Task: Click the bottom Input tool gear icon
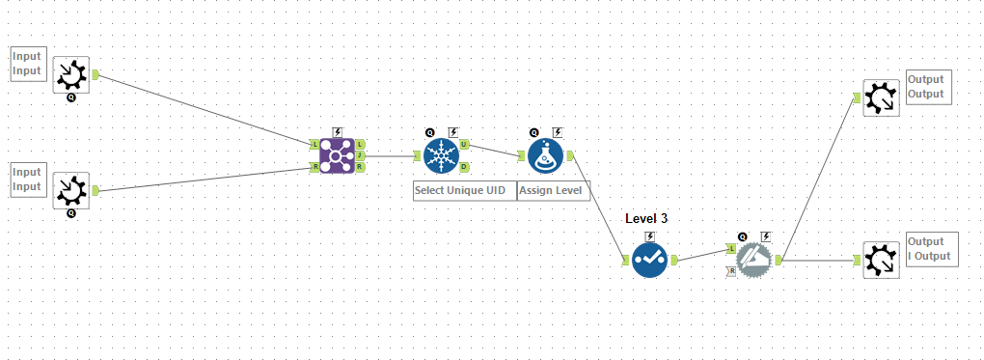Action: [70, 190]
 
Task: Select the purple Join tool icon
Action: [337, 155]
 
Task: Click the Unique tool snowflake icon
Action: [441, 155]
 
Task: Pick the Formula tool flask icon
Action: [545, 155]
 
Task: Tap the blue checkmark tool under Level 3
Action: [649, 259]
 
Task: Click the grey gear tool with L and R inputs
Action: [753, 259]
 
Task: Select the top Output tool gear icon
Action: [881, 97]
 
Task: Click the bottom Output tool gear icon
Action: [881, 259]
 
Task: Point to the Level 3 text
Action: [646, 218]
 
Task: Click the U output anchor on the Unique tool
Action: [464, 145]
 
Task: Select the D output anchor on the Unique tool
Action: [464, 167]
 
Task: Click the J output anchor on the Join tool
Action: [360, 155]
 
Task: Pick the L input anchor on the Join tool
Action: [314, 144]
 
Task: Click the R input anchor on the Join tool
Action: [314, 167]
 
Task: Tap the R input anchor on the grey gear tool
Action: [731, 271]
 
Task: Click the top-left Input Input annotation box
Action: [28, 64]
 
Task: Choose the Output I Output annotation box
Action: [931, 249]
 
